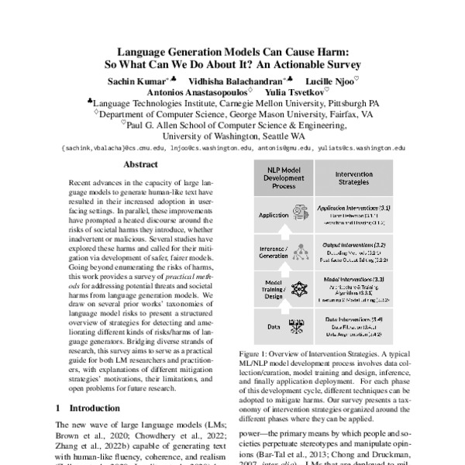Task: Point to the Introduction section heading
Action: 89,407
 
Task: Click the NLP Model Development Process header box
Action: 281,180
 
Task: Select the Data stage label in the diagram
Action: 273,327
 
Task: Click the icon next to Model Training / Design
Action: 299,289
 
